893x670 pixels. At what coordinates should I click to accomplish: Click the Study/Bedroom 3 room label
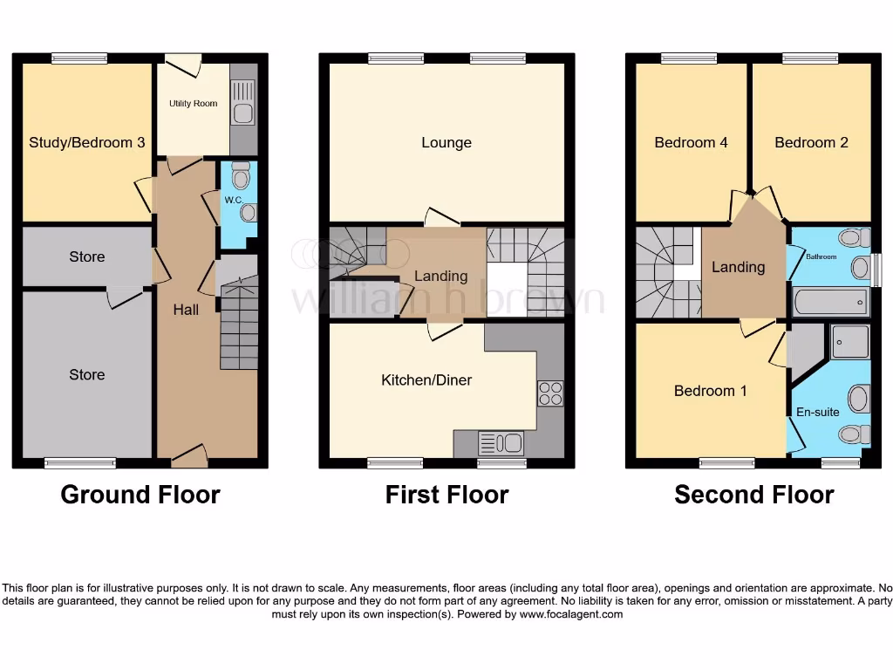(87, 142)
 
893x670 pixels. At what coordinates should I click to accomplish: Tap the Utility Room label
(193, 104)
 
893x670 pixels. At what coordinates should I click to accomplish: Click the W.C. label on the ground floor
(233, 200)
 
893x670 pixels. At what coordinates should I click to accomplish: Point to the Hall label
(186, 309)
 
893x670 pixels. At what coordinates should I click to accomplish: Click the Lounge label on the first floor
(446, 142)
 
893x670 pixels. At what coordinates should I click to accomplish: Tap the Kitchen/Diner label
(426, 380)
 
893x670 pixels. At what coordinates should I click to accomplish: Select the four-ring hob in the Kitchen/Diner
(550, 393)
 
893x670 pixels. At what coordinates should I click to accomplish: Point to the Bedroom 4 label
(691, 142)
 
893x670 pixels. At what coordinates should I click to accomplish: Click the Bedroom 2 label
(811, 142)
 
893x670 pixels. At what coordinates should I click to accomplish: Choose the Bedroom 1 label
(710, 391)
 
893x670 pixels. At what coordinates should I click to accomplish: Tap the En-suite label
(817, 412)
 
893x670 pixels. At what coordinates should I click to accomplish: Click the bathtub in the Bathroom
(831, 303)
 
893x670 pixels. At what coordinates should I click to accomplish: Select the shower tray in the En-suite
(850, 342)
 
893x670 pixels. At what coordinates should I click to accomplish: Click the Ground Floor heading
(140, 495)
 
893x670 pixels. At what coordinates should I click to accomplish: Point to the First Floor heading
(446, 495)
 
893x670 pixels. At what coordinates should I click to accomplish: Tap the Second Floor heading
(754, 495)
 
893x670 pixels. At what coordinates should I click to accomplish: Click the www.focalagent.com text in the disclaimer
(571, 614)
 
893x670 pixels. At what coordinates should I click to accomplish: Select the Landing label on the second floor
(738, 267)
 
